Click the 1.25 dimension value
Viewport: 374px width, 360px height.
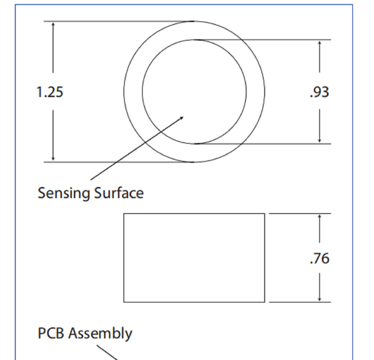point(50,92)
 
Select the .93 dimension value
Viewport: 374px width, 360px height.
point(320,92)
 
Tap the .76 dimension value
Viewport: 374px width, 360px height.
point(320,258)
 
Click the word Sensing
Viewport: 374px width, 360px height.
point(64,193)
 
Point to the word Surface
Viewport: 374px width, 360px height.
point(119,193)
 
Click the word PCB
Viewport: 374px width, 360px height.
point(51,333)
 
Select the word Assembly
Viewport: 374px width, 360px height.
point(100,334)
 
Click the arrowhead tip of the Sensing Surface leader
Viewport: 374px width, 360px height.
point(183,117)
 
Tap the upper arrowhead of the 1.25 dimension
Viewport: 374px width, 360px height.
point(53,22)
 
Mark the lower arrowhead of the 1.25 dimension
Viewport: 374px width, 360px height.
point(53,160)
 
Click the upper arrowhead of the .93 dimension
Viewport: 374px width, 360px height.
point(320,41)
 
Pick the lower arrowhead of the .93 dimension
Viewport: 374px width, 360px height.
point(320,143)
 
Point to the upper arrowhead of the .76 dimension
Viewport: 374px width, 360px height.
point(320,215)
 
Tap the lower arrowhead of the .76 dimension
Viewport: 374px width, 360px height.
point(320,301)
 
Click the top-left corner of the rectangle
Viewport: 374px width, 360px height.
point(124,213)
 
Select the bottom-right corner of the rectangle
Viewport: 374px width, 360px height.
point(264,302)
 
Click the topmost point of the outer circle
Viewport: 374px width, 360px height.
point(194,21)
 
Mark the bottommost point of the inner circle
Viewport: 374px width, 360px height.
point(194,144)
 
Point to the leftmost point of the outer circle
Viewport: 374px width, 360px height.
point(124,91)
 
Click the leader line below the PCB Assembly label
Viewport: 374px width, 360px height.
point(107,353)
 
